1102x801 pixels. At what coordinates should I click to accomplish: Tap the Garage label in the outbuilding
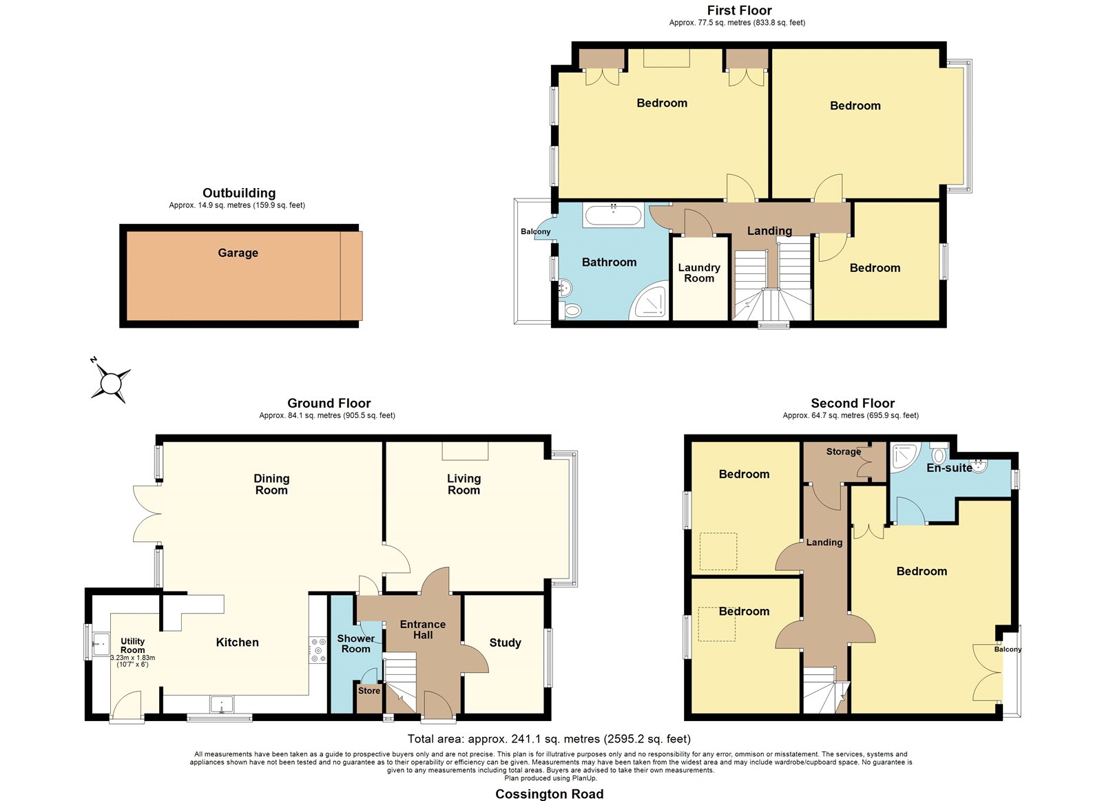(x=238, y=253)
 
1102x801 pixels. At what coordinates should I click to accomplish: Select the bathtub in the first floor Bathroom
(x=614, y=216)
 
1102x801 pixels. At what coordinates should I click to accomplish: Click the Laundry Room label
(x=699, y=273)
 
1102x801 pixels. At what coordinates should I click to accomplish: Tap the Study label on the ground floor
(x=506, y=643)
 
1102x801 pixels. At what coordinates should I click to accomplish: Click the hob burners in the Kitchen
(x=318, y=650)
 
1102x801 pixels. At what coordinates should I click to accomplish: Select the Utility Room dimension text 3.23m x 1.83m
(x=133, y=658)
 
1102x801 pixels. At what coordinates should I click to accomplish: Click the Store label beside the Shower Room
(x=369, y=691)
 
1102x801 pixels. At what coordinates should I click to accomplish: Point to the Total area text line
(x=549, y=738)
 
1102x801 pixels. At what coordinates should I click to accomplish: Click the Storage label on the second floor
(x=844, y=452)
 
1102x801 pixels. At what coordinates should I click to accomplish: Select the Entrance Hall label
(x=423, y=630)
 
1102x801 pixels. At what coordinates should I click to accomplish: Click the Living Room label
(x=464, y=484)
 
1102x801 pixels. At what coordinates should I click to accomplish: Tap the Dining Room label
(x=271, y=484)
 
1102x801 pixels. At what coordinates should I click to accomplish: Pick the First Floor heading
(x=740, y=10)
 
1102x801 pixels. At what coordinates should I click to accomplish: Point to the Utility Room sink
(x=101, y=645)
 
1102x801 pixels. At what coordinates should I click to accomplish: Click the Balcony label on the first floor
(x=536, y=231)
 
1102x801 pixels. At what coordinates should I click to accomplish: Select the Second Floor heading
(x=853, y=404)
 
